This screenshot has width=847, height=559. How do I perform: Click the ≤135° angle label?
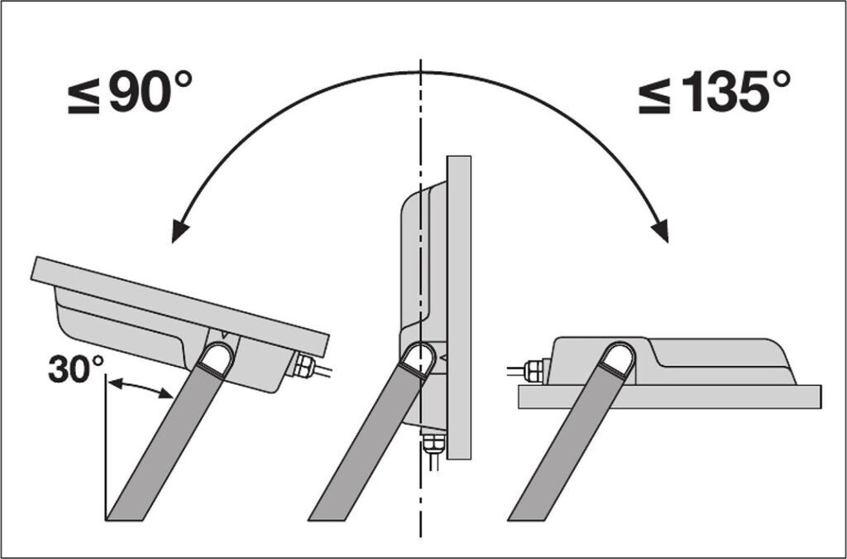(713, 93)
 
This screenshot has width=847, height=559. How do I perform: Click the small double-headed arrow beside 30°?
(141, 388)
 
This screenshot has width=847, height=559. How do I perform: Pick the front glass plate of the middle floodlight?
(458, 306)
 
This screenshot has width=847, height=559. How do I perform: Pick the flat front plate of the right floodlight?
(670, 397)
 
